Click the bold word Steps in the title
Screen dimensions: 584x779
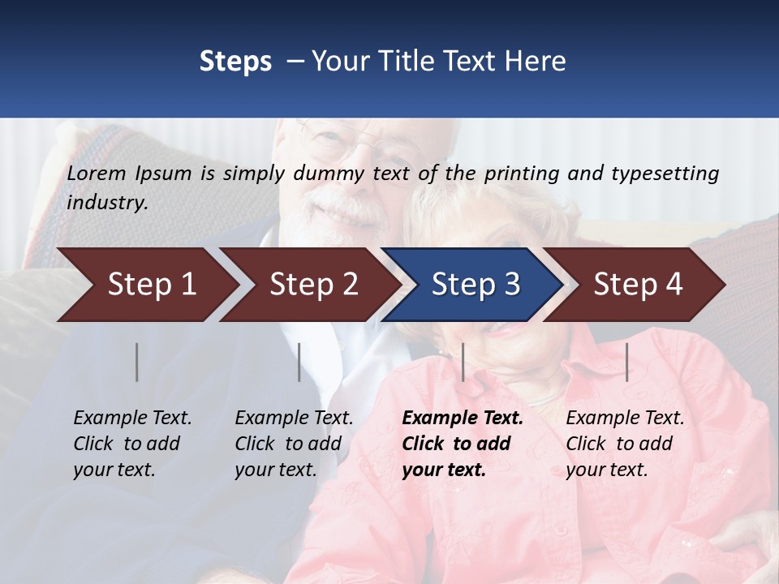tap(235, 62)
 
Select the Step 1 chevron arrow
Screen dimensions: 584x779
tap(146, 285)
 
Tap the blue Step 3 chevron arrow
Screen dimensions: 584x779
tap(472, 285)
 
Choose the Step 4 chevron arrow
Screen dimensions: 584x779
tap(635, 285)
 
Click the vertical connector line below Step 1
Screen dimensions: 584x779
tap(137, 362)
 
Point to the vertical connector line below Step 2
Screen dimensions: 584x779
tap(299, 362)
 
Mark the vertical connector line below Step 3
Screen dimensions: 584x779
tap(463, 362)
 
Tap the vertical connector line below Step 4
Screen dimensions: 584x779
tap(626, 362)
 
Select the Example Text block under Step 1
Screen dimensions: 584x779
tap(132, 444)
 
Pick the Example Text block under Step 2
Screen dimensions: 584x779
tap(294, 444)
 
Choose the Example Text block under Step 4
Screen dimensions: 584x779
tap(625, 444)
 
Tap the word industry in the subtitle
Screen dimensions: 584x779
tap(105, 203)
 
